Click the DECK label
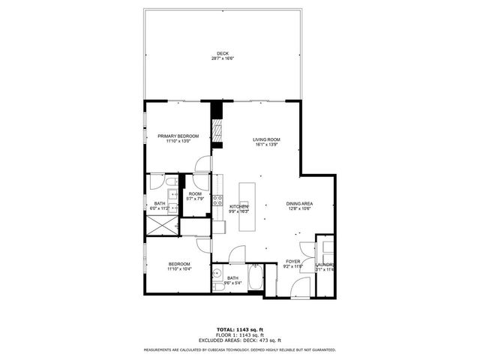tap(223, 52)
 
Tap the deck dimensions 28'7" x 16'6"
tap(223, 58)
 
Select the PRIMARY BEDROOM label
tap(178, 136)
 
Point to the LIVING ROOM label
tap(266, 139)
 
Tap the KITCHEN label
tap(239, 206)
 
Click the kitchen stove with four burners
tap(218, 200)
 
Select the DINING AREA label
tap(299, 203)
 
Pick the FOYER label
tap(292, 262)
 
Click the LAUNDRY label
tap(325, 265)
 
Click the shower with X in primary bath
tap(160, 226)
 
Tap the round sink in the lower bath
tap(217, 273)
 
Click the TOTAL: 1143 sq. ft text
tap(240, 330)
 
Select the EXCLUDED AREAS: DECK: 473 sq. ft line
tap(240, 341)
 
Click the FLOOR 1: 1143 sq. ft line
tap(240, 336)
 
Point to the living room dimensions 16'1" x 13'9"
tap(266, 145)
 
